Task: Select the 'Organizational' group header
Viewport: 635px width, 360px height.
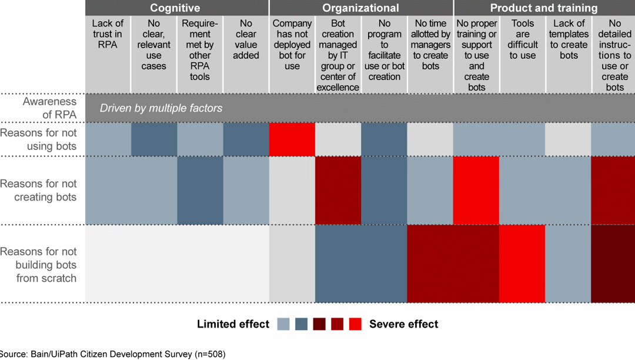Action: click(360, 8)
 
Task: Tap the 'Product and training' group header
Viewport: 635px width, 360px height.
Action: click(544, 8)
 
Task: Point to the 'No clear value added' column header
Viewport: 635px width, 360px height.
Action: click(246, 39)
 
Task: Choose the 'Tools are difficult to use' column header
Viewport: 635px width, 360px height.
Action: click(523, 39)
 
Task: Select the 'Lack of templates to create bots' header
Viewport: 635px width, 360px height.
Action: click(569, 39)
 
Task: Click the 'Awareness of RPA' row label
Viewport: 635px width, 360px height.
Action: click(50, 107)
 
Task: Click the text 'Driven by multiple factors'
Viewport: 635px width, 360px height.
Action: click(161, 108)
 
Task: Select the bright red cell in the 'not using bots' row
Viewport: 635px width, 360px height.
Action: click(292, 139)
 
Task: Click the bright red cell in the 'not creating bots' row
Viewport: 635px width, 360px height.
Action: click(476, 190)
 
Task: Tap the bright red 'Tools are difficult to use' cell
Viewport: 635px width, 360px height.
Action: click(523, 264)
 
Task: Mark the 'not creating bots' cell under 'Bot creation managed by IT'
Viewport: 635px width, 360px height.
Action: click(338, 190)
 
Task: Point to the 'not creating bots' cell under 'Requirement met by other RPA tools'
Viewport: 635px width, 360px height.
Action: click(200, 190)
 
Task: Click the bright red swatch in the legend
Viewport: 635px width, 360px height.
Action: click(355, 324)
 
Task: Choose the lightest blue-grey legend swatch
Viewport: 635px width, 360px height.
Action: click(283, 324)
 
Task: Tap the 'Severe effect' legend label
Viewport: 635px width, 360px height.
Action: click(403, 324)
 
